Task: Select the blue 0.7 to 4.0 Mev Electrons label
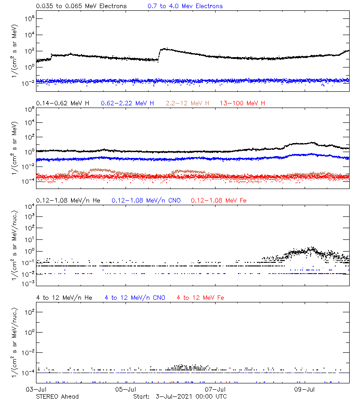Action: (185, 6)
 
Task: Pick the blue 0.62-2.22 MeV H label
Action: (127, 103)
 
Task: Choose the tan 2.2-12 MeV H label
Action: (188, 103)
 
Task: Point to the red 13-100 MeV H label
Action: (243, 103)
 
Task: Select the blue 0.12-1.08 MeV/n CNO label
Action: (146, 200)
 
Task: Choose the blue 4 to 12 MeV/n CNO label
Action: (135, 297)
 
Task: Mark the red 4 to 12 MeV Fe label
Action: (200, 297)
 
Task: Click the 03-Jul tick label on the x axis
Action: (36, 390)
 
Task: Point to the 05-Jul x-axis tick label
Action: (126, 390)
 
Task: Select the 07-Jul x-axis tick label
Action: (215, 390)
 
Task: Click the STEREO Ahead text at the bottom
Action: (57, 396)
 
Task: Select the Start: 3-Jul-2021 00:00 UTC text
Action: (180, 396)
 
